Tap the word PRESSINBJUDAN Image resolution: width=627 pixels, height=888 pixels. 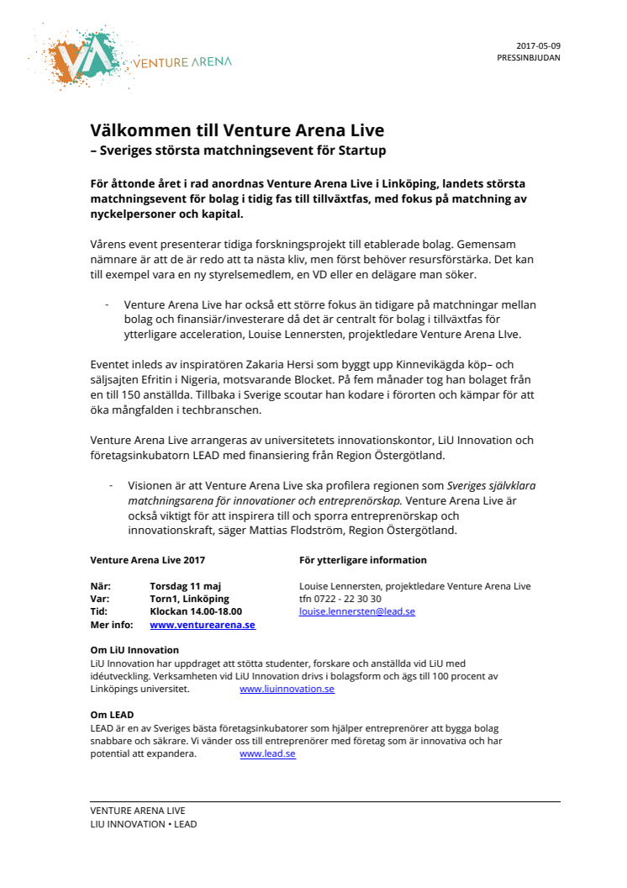point(529,58)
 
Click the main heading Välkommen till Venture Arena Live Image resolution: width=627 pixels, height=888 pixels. point(237,130)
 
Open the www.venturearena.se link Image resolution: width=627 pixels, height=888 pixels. point(203,625)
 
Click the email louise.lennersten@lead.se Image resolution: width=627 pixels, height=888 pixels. point(357,612)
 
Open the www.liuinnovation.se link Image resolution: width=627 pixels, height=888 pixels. point(287,689)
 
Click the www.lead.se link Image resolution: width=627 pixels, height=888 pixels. point(267,754)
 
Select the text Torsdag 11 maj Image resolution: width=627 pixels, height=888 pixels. point(185,586)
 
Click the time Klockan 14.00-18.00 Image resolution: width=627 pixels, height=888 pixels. point(196,612)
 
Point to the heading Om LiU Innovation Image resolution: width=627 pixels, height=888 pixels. point(134,650)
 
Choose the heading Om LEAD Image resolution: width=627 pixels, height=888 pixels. point(112,716)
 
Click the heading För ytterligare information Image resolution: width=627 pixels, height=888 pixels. point(362,560)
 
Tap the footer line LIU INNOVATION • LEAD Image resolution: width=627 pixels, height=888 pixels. point(143,824)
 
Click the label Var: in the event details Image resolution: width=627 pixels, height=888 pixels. point(100,599)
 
